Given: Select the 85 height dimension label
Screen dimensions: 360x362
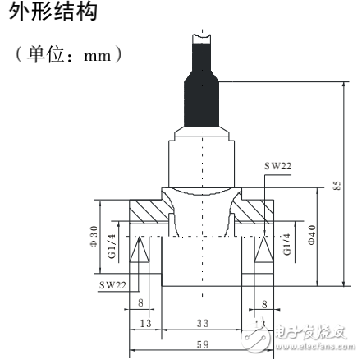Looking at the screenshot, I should point(337,186).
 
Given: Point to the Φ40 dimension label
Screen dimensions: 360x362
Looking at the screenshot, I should point(311,238).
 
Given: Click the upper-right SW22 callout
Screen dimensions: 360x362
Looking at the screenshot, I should point(277,165).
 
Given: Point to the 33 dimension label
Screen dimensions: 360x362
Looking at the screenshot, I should point(201,324).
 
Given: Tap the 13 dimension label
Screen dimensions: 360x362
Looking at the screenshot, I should point(145,324).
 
